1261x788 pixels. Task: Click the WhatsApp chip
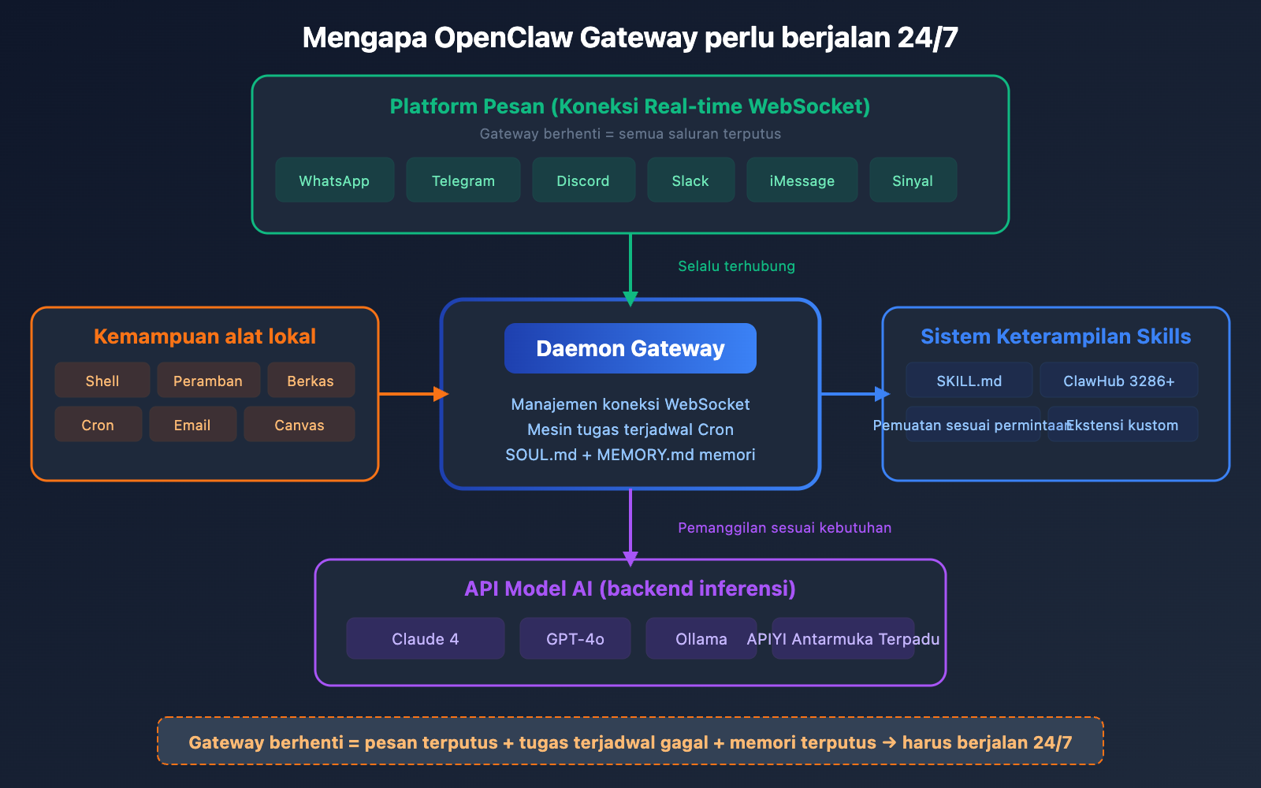tap(334, 180)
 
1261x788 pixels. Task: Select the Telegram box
tap(463, 180)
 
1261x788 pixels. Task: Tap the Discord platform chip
tap(583, 180)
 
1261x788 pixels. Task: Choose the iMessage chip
tap(802, 180)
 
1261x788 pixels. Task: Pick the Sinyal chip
tap(913, 180)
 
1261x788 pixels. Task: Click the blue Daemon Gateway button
tap(630, 348)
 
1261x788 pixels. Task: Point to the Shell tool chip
tap(102, 381)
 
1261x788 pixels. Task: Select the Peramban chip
tap(208, 381)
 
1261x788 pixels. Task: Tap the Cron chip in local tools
tap(98, 425)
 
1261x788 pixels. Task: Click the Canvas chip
tap(299, 425)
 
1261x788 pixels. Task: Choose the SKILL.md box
tap(969, 381)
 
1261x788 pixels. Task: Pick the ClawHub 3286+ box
tap(1118, 381)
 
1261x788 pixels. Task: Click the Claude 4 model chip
tap(425, 638)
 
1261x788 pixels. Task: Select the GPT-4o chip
tap(575, 638)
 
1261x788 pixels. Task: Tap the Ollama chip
tap(701, 638)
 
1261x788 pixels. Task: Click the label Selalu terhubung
tap(736, 266)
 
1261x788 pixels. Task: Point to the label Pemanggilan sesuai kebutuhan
tap(784, 528)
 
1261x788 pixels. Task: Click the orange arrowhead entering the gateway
tap(441, 393)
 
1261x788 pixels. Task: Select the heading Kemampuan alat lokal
tap(204, 336)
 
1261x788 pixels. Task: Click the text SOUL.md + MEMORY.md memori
tap(630, 455)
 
